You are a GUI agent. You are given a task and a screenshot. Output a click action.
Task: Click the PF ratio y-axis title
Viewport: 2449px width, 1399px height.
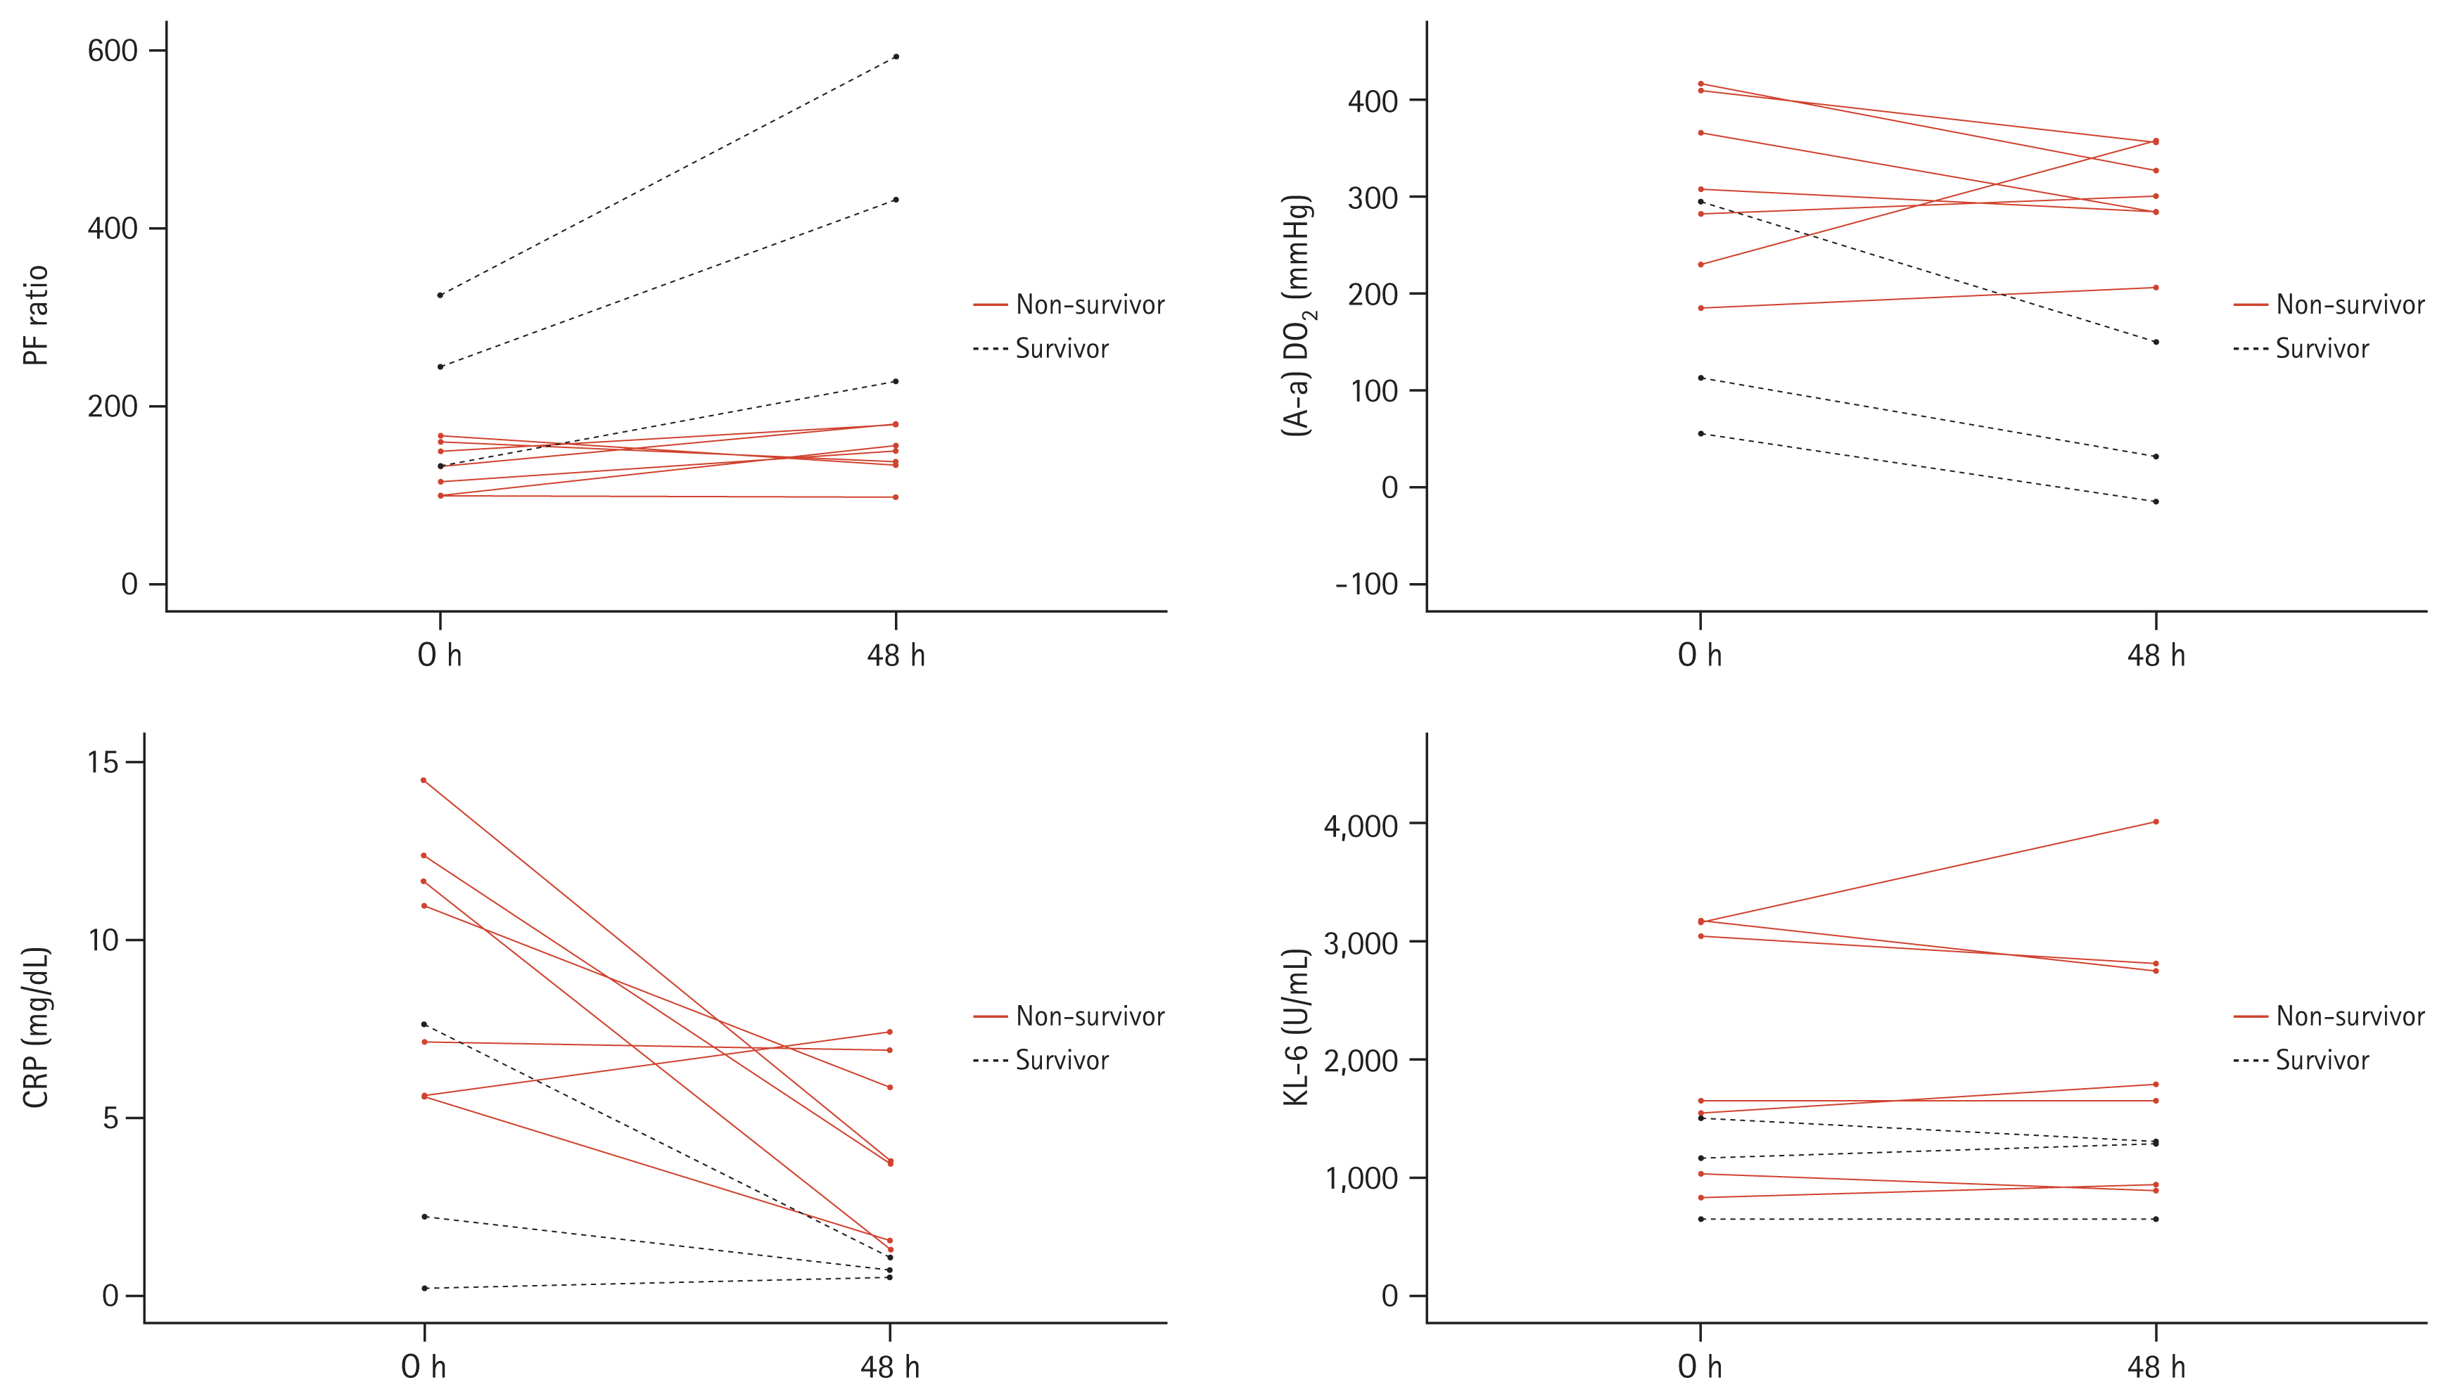(36, 315)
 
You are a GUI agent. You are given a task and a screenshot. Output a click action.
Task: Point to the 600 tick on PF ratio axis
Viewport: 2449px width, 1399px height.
(113, 50)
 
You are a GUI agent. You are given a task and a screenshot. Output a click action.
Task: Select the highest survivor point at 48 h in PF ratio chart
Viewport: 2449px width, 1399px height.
(896, 57)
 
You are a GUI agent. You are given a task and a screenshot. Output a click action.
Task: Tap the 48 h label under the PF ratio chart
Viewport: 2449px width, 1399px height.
(896, 656)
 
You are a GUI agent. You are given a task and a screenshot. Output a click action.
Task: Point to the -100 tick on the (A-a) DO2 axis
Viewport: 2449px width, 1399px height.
(1366, 584)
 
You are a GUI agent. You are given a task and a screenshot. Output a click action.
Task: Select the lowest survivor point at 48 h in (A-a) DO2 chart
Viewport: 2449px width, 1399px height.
(2156, 502)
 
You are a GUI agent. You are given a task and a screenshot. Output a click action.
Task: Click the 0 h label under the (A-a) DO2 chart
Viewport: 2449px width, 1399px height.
(1700, 656)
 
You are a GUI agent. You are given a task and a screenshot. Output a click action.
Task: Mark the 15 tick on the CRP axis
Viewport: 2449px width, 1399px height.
(103, 763)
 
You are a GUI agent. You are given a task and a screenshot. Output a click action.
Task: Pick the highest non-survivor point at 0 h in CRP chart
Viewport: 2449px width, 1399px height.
(424, 780)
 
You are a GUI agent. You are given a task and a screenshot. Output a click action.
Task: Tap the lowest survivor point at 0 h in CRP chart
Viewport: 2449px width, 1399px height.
(424, 1288)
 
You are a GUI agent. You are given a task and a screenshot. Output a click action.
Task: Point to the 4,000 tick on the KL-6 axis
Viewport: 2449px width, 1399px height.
(1361, 825)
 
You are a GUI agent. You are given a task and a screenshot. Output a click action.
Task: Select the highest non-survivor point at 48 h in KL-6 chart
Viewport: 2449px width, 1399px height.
(2156, 822)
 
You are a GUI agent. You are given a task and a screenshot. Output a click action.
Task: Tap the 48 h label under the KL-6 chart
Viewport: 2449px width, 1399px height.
(2156, 1367)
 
